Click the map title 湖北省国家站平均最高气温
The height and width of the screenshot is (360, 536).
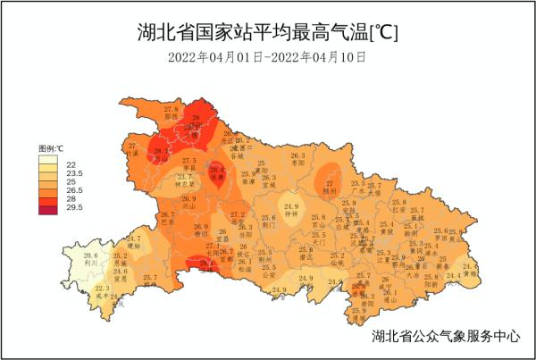click(268, 33)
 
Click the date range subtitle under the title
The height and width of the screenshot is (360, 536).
click(267, 57)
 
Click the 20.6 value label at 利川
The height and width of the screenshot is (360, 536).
click(90, 256)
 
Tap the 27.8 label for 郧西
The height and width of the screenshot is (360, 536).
click(172, 109)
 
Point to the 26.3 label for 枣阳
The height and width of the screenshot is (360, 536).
click(297, 155)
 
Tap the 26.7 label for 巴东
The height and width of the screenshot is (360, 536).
click(167, 215)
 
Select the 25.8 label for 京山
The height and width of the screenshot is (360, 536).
click(318, 218)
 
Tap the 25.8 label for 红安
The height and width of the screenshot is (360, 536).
click(398, 204)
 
